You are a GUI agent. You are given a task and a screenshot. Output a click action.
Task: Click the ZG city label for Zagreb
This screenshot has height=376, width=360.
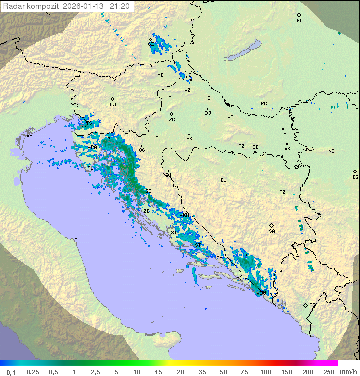click(172, 120)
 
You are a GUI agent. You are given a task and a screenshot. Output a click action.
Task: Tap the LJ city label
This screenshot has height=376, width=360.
click(113, 104)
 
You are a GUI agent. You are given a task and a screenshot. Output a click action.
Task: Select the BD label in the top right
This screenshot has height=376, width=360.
click(299, 21)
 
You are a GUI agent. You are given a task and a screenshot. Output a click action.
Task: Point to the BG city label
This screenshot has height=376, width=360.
click(355, 177)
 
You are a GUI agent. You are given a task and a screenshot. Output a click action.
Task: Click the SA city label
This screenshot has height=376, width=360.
click(272, 231)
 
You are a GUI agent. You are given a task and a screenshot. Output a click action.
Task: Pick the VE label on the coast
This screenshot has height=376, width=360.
click(29, 136)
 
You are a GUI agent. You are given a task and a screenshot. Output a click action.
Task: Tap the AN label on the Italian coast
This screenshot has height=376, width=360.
click(77, 240)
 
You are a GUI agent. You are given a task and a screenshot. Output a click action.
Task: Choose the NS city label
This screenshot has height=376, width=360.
click(331, 151)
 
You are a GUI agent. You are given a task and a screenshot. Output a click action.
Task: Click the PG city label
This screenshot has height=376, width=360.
click(312, 305)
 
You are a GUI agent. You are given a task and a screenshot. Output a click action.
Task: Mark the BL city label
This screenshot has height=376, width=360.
click(223, 180)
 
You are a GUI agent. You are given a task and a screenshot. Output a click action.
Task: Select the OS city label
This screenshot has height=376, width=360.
click(283, 134)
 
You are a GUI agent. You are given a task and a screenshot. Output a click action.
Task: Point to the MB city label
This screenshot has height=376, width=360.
click(160, 75)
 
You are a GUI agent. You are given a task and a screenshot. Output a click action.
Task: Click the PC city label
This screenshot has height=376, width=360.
click(264, 104)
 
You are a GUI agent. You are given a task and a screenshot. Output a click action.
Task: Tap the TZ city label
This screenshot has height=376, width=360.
click(282, 192)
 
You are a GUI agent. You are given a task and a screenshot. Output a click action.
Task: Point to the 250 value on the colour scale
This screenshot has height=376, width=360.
click(329, 372)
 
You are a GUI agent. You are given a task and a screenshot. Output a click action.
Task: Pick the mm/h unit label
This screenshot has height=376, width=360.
click(349, 372)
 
